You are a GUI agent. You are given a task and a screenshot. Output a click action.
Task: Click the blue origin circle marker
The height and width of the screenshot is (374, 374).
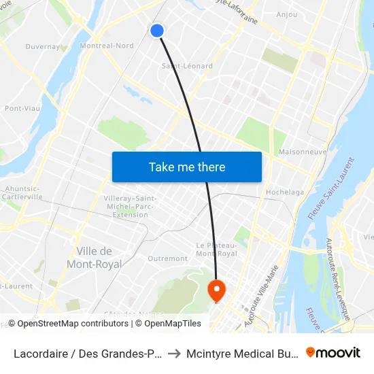coord(157,31)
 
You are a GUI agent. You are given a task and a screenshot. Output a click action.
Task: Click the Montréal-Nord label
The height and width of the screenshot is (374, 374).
coord(107,46)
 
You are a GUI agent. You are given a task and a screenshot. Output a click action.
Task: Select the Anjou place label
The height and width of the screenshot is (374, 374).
coord(287,14)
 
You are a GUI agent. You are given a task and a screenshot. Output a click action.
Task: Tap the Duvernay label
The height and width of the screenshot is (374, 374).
coord(42,47)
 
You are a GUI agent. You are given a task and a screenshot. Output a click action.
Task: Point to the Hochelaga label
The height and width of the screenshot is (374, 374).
coord(285,192)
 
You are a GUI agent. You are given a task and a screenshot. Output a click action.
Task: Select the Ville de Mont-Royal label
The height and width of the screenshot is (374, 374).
coord(95,257)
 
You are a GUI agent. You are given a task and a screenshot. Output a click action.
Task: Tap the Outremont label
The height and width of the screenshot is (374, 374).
coord(167,258)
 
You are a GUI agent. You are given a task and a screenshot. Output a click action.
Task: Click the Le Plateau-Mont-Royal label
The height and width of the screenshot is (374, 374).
coord(216,249)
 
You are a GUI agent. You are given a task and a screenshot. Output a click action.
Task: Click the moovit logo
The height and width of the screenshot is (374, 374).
coord(333,352)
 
